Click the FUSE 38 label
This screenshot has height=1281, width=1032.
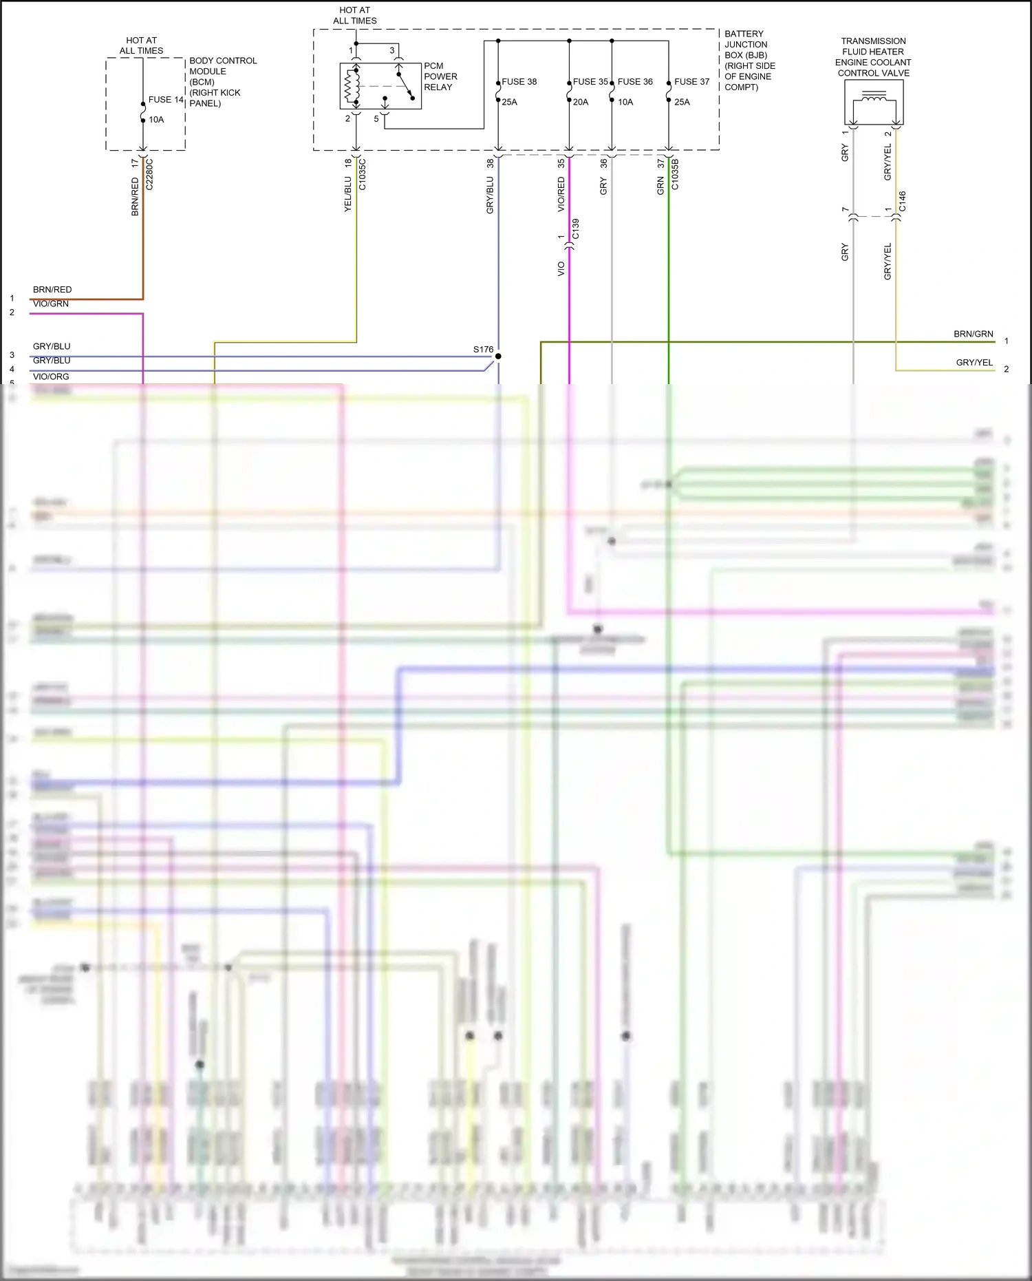pyautogui.click(x=519, y=82)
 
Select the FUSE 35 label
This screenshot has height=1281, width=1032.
pyautogui.click(x=590, y=82)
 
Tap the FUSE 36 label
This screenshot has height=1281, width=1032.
pyautogui.click(x=635, y=82)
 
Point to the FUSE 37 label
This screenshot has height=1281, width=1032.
pyautogui.click(x=691, y=82)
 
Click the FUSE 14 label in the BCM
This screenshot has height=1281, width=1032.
pyautogui.click(x=166, y=100)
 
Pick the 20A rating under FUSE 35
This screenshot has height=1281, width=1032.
pyautogui.click(x=581, y=103)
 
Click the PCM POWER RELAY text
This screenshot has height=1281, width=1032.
pyautogui.click(x=440, y=76)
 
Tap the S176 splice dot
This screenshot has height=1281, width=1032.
pyautogui.click(x=498, y=356)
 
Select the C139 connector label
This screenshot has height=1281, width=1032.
pyautogui.click(x=576, y=229)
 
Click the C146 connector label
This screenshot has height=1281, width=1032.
pyautogui.click(x=903, y=202)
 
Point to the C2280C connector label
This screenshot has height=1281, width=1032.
pyautogui.click(x=150, y=174)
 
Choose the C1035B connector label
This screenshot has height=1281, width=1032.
pyautogui.click(x=675, y=174)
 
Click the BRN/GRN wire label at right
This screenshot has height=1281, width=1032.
pyautogui.click(x=973, y=335)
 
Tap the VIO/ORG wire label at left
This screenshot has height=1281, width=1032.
pyautogui.click(x=51, y=377)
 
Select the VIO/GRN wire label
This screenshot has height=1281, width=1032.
pyautogui.click(x=51, y=304)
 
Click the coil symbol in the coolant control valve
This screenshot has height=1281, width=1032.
pyautogui.click(x=874, y=98)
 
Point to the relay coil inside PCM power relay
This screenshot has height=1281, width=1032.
pyautogui.click(x=353, y=87)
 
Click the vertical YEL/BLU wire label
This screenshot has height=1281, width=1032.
pyautogui.click(x=348, y=193)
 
